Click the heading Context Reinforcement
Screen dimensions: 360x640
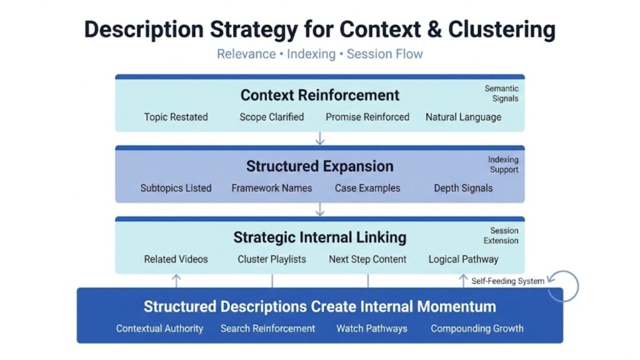click(x=319, y=95)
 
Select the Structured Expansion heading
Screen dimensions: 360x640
click(x=319, y=166)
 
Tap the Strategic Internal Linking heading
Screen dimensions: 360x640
click(x=319, y=237)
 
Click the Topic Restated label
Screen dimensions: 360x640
click(x=176, y=117)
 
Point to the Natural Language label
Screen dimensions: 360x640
click(x=463, y=117)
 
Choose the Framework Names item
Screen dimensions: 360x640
click(x=271, y=188)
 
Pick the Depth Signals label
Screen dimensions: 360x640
click(x=463, y=188)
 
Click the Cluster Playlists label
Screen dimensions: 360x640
click(x=271, y=259)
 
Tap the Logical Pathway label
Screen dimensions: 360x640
click(x=463, y=259)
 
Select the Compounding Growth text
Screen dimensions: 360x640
click(x=477, y=328)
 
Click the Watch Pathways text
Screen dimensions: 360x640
click(x=371, y=328)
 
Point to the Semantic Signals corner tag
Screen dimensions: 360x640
click(x=501, y=94)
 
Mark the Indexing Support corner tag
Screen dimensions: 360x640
click(x=503, y=165)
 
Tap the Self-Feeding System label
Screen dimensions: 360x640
click(x=507, y=281)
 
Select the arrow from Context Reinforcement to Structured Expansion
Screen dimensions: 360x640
click(x=320, y=138)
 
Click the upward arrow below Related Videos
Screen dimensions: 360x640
click(x=176, y=280)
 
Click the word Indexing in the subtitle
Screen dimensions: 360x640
click(x=311, y=54)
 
